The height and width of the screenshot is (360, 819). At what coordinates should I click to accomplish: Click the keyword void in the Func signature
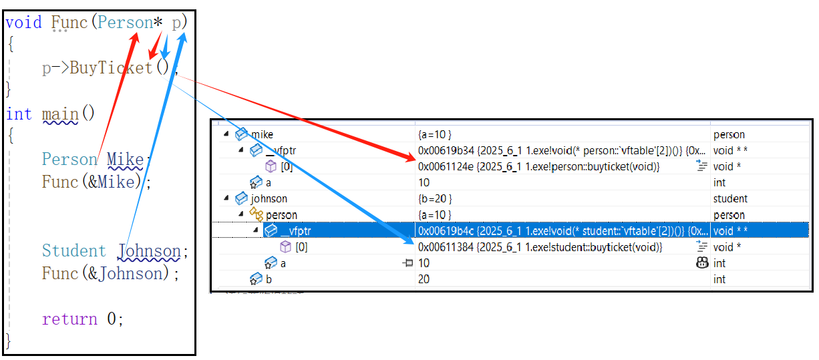[23, 23]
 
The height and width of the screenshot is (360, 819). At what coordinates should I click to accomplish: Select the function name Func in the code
[69, 23]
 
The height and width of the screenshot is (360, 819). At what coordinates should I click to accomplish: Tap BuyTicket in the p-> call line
[112, 68]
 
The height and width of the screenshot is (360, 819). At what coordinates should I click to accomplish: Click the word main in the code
[60, 114]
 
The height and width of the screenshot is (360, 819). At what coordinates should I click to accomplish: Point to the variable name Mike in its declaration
[126, 160]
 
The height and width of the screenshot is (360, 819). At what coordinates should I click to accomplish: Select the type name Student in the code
[73, 251]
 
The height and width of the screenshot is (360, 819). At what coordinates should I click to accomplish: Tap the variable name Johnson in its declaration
[149, 251]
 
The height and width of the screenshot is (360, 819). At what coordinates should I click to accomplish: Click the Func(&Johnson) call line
[106, 274]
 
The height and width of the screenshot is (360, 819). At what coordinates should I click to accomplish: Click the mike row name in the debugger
[262, 135]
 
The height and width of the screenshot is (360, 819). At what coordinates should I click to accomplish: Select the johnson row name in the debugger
[269, 199]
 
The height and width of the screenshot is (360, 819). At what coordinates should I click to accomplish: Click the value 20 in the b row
[424, 279]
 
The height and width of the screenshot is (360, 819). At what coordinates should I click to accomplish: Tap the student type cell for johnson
[730, 199]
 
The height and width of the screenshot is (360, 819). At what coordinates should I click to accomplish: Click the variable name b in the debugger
[269, 279]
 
